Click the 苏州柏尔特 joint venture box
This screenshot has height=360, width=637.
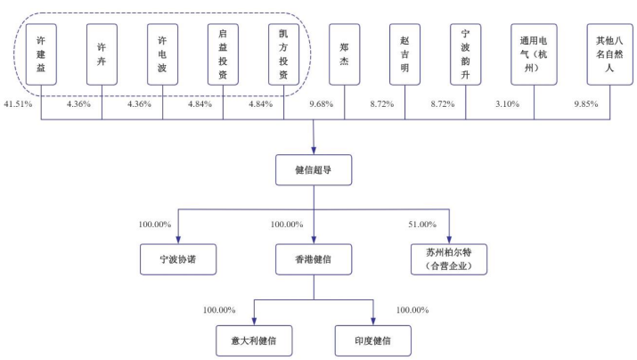coord(449,258)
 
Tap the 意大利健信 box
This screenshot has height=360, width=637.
coord(255,340)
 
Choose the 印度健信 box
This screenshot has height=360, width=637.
coord(373,340)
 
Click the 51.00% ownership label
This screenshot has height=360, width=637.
coord(421,224)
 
